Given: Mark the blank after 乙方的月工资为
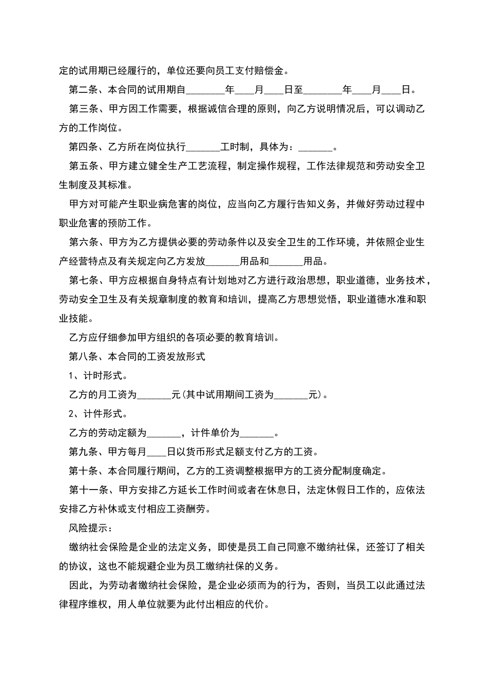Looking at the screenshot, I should [x=155, y=395].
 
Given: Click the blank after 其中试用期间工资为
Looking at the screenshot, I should [x=292, y=395].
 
